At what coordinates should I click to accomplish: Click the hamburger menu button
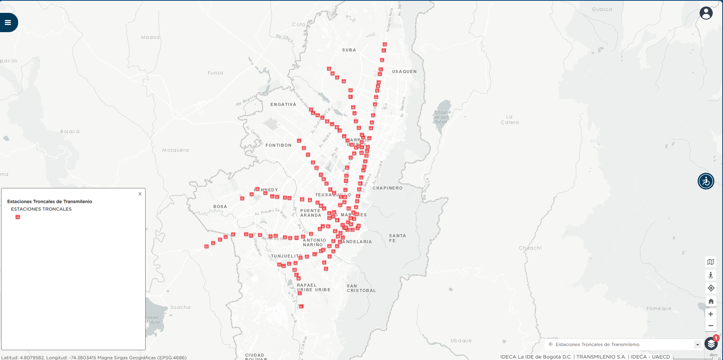8,23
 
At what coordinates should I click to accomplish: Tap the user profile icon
706,13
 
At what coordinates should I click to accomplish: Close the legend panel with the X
140,194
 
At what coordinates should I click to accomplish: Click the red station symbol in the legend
17,217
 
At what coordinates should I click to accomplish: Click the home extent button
711,301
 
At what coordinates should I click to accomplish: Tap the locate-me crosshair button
711,288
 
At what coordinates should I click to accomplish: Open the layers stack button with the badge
711,344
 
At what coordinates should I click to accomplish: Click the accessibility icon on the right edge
706,181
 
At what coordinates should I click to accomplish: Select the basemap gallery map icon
711,262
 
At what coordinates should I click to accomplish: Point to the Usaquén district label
404,71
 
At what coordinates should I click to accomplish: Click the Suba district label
349,50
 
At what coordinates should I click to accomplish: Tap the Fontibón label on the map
278,145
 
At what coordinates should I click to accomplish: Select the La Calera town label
510,119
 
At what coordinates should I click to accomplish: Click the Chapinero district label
388,188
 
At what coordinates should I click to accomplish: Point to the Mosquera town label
175,150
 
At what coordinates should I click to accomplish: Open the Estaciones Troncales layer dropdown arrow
697,344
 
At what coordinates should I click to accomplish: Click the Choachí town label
530,248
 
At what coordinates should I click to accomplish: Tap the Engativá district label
283,104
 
